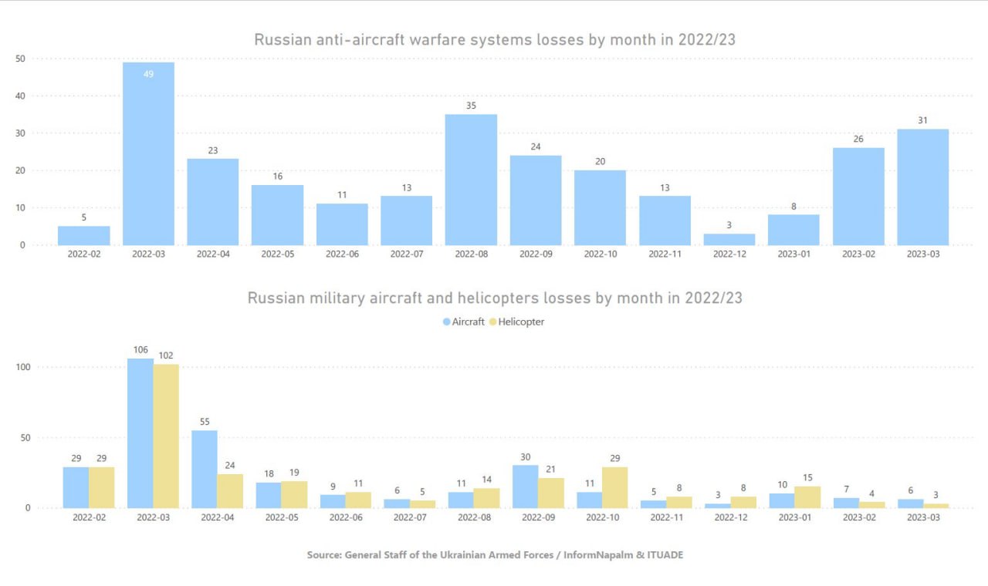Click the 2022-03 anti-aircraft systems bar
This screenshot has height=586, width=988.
[148, 154]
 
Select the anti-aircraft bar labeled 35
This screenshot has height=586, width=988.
[471, 180]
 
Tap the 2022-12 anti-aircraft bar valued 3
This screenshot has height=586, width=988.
[729, 239]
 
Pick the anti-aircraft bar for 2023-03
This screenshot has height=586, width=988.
[922, 187]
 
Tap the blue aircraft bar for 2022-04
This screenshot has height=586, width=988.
[205, 469]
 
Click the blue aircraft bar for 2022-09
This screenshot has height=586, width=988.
[526, 487]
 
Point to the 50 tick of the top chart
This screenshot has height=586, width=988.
[20, 59]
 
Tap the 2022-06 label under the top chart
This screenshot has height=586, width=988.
[342, 254]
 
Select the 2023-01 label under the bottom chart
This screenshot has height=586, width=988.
[794, 517]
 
